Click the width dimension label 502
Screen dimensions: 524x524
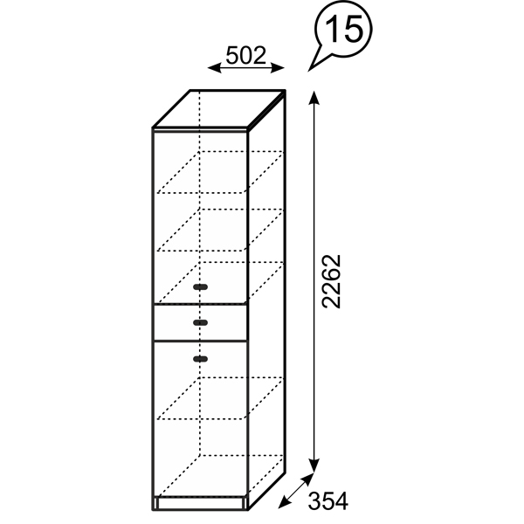[x=246, y=56]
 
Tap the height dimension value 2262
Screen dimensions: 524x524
[x=331, y=281]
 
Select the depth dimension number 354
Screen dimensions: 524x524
[x=327, y=501]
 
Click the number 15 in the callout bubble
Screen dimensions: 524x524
[x=344, y=29]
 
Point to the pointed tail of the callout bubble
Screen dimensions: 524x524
[x=309, y=70]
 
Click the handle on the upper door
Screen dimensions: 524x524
[x=201, y=286]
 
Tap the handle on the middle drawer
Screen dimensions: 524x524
[x=201, y=322]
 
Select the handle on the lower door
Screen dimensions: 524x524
[x=201, y=359]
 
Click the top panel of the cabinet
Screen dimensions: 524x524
[x=219, y=108]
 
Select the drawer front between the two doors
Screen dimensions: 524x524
[x=201, y=322]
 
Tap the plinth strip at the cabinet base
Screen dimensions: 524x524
[x=200, y=503]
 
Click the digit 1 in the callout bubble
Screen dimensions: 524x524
[x=333, y=29]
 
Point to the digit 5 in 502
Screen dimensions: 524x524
[x=232, y=56]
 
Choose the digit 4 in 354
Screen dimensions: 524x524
[x=341, y=501]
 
